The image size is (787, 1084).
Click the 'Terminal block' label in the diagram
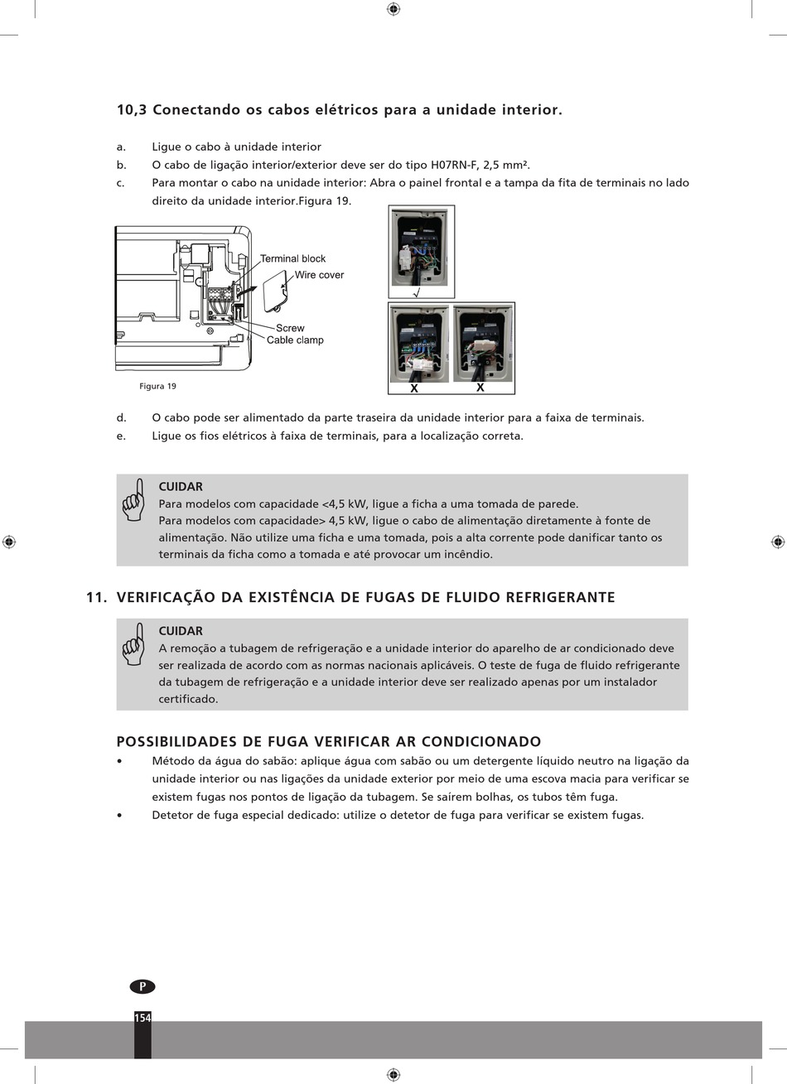[292, 258]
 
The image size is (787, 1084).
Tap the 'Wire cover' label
[319, 275]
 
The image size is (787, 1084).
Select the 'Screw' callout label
[290, 328]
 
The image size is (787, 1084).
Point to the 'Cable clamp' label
[295, 340]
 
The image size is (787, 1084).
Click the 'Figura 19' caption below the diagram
[157, 386]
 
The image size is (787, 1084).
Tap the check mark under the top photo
[417, 292]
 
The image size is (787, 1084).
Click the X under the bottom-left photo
[414, 388]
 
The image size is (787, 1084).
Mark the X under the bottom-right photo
[480, 388]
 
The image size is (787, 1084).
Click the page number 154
[142, 1018]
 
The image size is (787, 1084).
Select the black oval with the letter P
[142, 986]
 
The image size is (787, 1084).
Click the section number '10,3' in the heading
[131, 110]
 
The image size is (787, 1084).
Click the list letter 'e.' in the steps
[122, 436]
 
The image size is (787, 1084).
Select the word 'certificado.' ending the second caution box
[188, 699]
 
